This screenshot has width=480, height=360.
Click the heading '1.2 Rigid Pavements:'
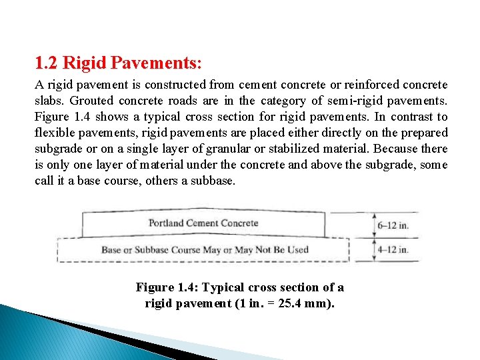pos(118,64)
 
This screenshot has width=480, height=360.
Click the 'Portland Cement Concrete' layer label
pos(203,223)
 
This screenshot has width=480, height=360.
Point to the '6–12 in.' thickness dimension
pos(393,225)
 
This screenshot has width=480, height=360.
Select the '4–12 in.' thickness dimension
pos(393,251)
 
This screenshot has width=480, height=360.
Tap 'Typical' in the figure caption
pos(223,288)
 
